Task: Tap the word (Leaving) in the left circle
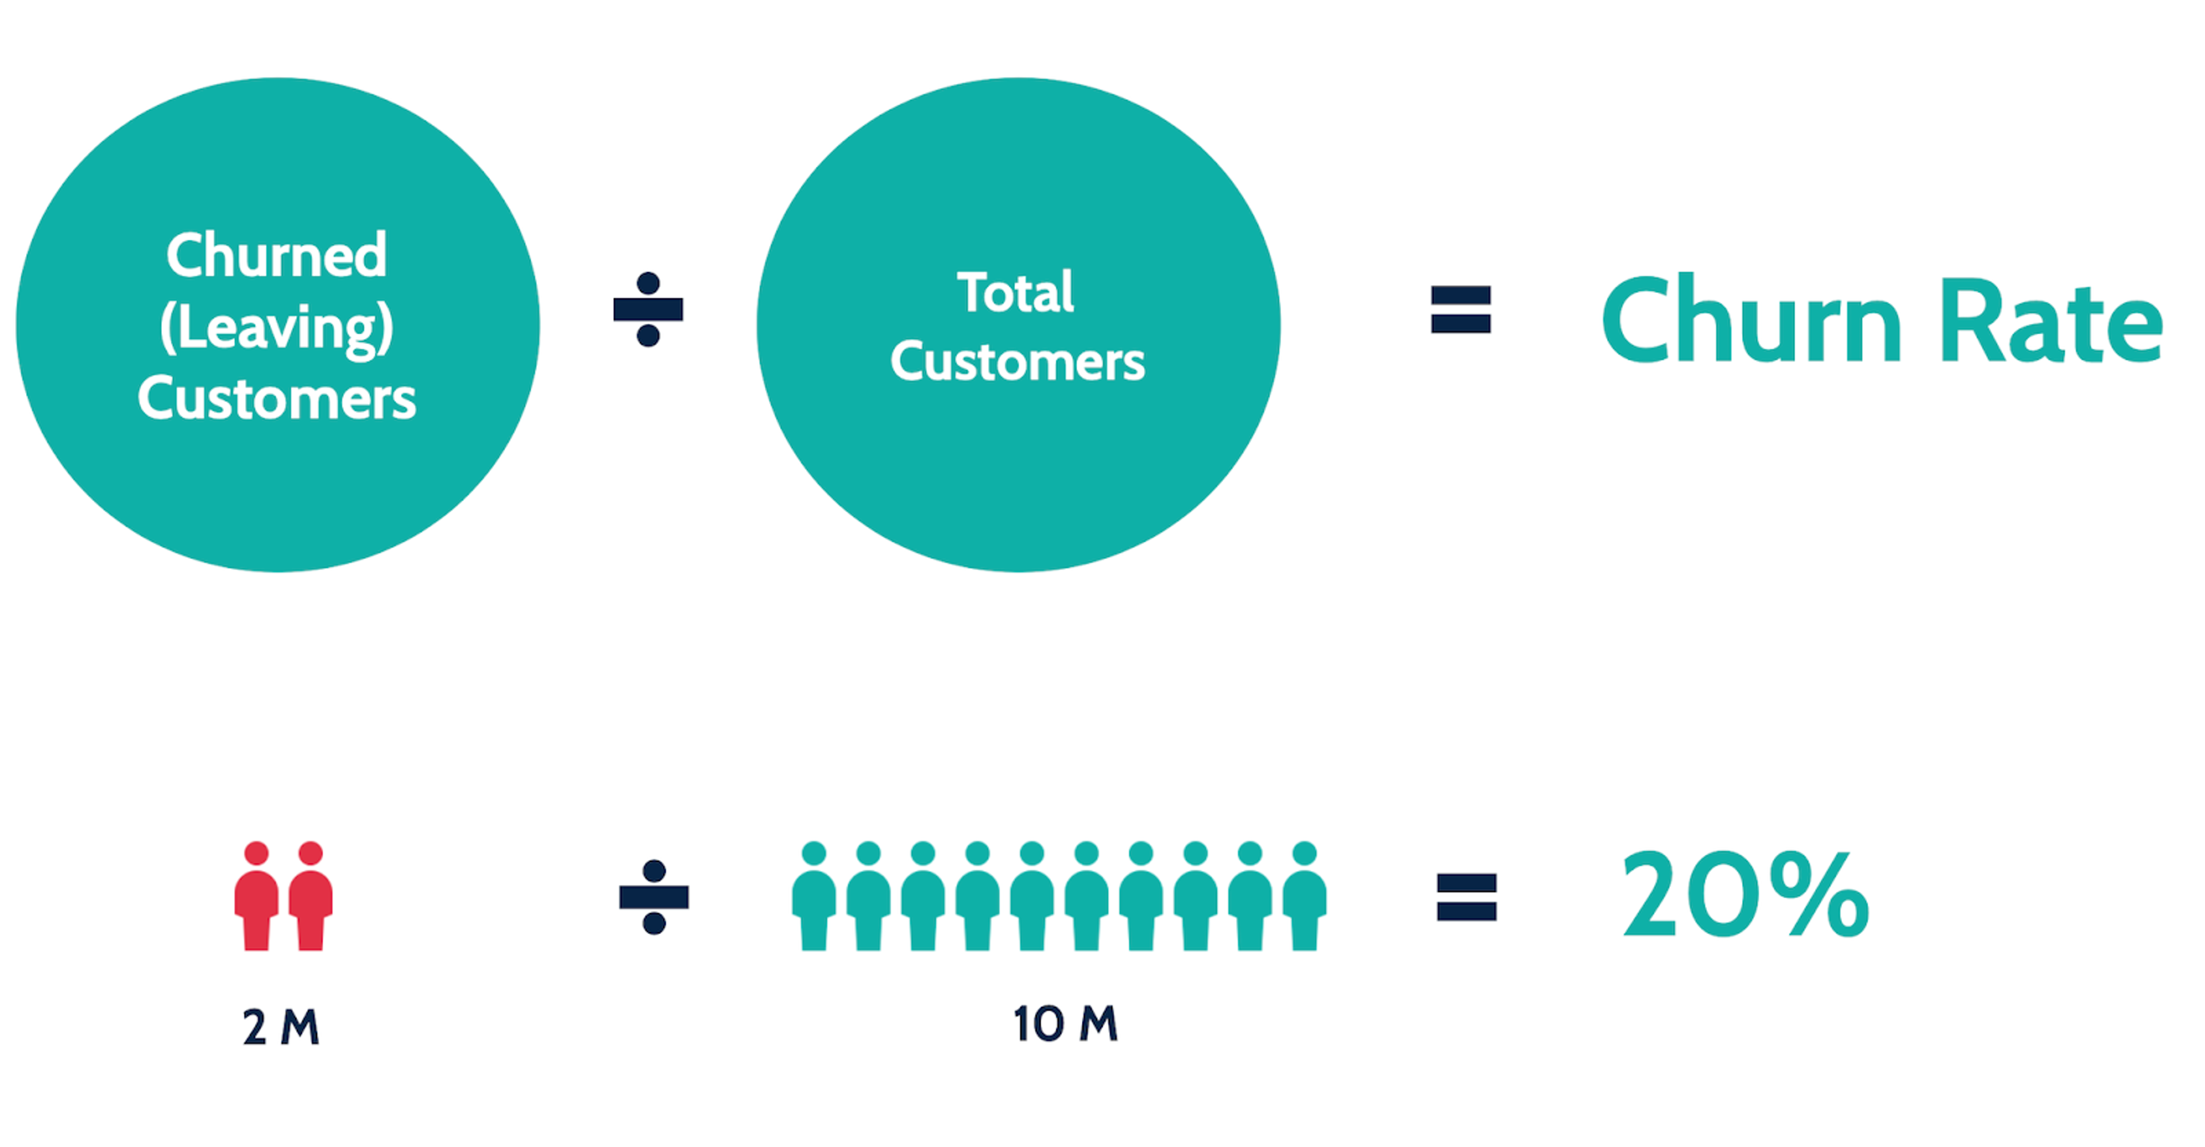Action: tap(276, 328)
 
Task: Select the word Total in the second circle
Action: tap(1015, 293)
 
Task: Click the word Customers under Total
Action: tap(1017, 362)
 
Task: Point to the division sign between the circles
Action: tap(648, 309)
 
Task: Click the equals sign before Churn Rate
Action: tap(1460, 309)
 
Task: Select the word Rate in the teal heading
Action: tap(2051, 320)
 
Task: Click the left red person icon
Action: tap(256, 899)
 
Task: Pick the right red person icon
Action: tap(311, 899)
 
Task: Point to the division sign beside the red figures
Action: tap(654, 897)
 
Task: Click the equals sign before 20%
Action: tap(1467, 897)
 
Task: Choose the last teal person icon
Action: tap(1305, 899)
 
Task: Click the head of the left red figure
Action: tap(256, 854)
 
